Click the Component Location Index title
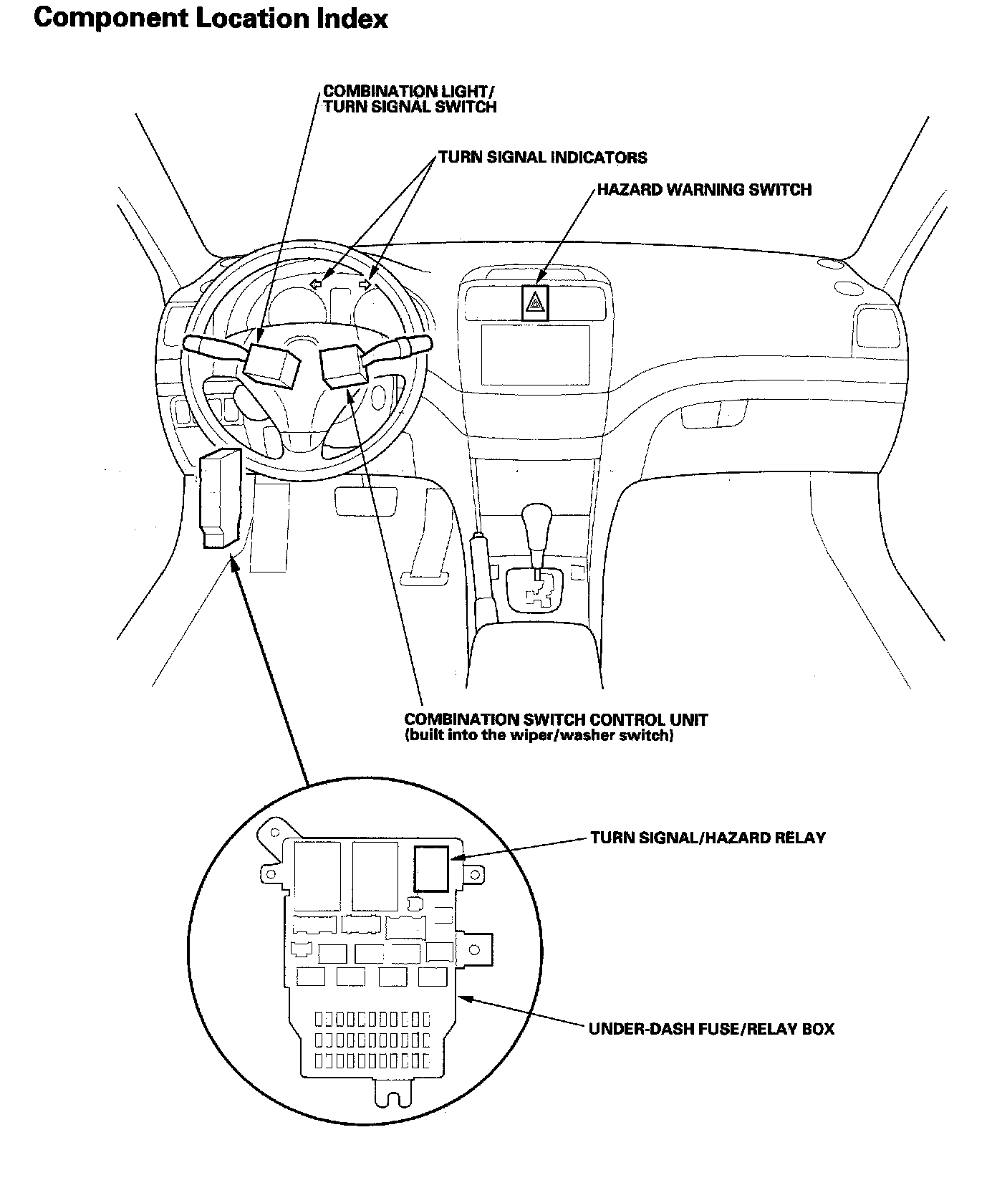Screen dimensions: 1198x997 coord(211,19)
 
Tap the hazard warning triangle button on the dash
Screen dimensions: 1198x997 coord(533,304)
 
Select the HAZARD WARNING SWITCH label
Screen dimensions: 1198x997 coord(704,190)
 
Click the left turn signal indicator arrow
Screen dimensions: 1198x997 coord(315,284)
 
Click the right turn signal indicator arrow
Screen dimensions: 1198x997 coord(366,284)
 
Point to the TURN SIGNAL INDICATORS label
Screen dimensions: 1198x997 coord(542,158)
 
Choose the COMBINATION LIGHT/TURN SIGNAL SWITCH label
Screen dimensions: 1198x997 coord(410,99)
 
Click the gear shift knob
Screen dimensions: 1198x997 coord(536,521)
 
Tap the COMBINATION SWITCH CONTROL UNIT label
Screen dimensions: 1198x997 coord(556,719)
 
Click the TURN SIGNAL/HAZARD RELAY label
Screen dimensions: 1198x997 coord(708,838)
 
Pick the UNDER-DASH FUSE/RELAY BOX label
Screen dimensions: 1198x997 coord(711,1030)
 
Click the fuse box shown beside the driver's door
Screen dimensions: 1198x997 coord(220,499)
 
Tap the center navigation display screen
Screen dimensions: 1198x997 coord(535,355)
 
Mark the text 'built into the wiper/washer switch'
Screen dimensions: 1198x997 coord(539,736)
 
